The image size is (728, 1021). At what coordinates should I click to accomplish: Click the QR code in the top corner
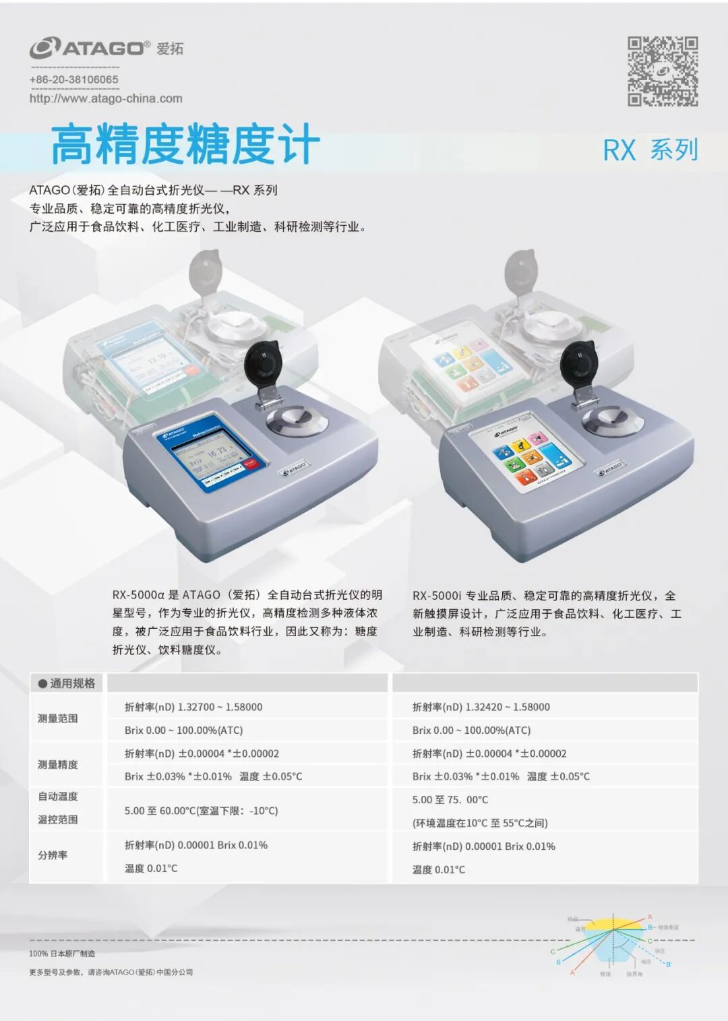click(x=663, y=71)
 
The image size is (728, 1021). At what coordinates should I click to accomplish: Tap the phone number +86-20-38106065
click(x=74, y=80)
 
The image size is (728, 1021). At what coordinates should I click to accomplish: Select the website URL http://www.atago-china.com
click(x=106, y=98)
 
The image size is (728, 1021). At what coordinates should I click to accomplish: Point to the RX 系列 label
click(x=650, y=150)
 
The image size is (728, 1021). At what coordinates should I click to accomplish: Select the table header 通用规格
click(x=67, y=683)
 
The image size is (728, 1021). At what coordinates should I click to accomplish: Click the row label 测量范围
click(x=58, y=718)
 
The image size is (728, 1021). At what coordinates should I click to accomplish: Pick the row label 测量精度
click(x=58, y=765)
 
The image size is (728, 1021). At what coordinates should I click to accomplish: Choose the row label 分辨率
click(x=53, y=855)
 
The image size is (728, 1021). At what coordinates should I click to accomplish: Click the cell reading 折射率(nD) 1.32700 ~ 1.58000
click(x=193, y=707)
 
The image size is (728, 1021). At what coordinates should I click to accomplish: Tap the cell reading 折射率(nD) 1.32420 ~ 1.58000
click(x=481, y=707)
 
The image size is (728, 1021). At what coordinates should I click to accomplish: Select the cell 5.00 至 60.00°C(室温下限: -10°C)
click(x=201, y=811)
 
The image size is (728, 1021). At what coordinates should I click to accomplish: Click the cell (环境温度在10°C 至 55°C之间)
click(x=480, y=823)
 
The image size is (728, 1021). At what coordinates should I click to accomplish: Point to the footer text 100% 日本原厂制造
click(x=62, y=954)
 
